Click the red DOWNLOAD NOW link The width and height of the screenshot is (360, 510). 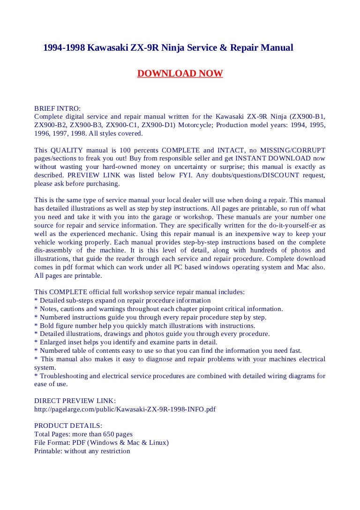[180, 73]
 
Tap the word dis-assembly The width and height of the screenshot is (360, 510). [52, 251]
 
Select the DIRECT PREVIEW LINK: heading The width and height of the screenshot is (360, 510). [75, 401]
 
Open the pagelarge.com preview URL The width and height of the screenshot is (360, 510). [125, 409]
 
